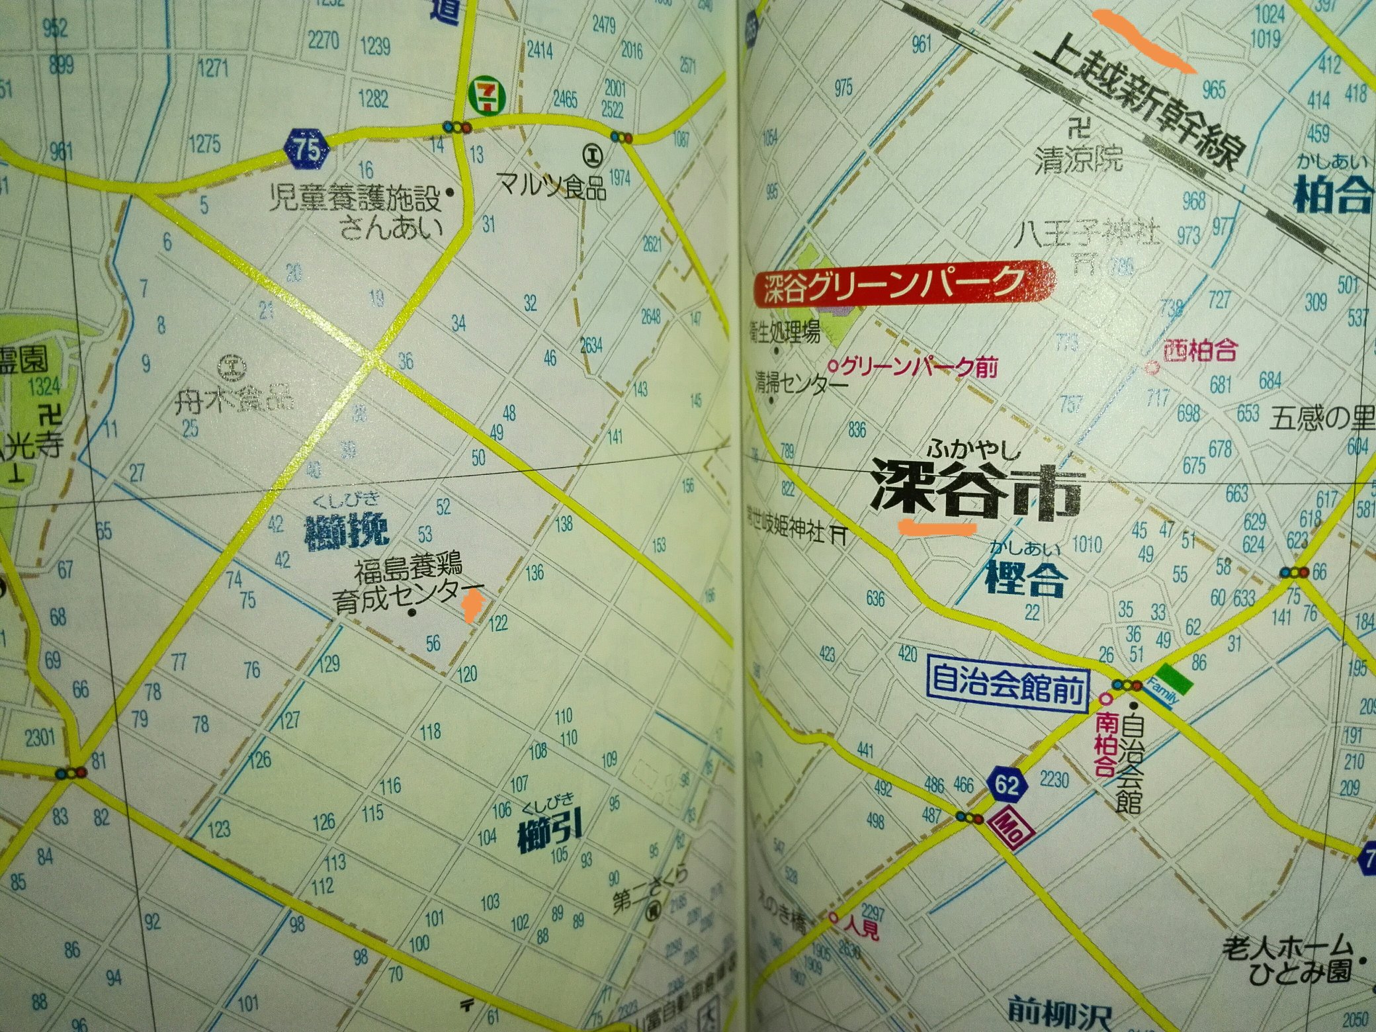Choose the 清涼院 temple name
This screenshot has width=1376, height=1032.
(1078, 161)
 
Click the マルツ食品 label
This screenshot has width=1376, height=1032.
(552, 187)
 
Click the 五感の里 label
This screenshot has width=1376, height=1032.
(1322, 418)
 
